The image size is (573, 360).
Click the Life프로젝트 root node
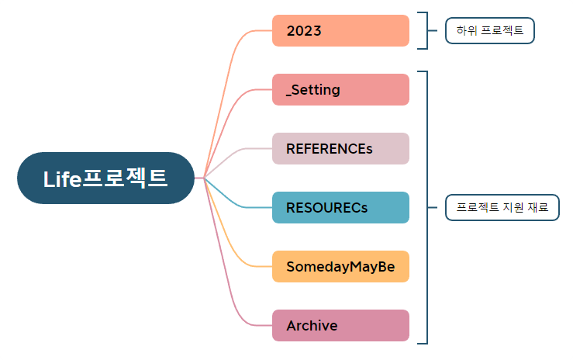point(105,178)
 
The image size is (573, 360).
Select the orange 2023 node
point(340,31)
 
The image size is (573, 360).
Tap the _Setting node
point(340,89)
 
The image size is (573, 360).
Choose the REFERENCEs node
point(340,148)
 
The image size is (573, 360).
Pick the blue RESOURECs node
point(340,207)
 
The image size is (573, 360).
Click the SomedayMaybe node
point(340,266)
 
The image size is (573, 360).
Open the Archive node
point(340,325)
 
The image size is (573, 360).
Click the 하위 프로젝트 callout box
point(490,31)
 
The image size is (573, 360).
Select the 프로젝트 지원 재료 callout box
point(502,207)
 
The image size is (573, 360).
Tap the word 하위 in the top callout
point(467,31)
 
